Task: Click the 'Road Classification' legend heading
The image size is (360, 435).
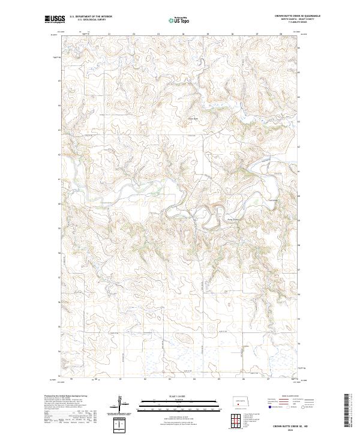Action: point(288,397)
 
